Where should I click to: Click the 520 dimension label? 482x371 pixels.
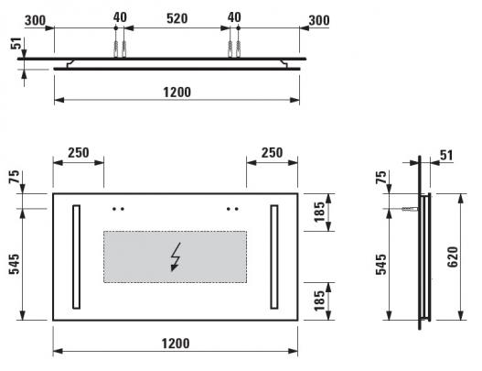click(x=177, y=19)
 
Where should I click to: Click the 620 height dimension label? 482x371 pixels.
click(x=453, y=257)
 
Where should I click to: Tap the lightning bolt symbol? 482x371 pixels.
click(x=176, y=257)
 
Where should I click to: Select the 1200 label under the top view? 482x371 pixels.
click(x=177, y=92)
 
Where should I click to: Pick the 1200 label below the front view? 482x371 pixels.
click(x=176, y=344)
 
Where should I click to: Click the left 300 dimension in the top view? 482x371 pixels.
click(x=35, y=21)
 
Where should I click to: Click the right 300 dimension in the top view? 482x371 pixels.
click(x=319, y=21)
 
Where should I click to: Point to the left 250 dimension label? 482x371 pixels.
click(x=79, y=153)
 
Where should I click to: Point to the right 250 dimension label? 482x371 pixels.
click(x=272, y=153)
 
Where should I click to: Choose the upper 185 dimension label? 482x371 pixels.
click(x=319, y=212)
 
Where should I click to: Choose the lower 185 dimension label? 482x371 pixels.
click(x=319, y=300)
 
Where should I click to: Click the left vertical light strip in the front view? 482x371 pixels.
click(x=77, y=256)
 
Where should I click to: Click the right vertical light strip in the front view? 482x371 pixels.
click(x=274, y=256)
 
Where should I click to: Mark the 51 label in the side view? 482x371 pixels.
click(x=446, y=156)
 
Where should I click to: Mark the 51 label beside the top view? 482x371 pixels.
click(x=16, y=43)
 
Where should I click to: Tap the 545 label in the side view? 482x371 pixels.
click(x=380, y=264)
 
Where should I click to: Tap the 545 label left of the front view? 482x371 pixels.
click(x=14, y=264)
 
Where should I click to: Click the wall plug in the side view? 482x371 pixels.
click(x=410, y=209)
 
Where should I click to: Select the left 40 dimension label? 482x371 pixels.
click(x=120, y=17)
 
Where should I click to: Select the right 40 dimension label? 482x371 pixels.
click(x=234, y=17)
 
